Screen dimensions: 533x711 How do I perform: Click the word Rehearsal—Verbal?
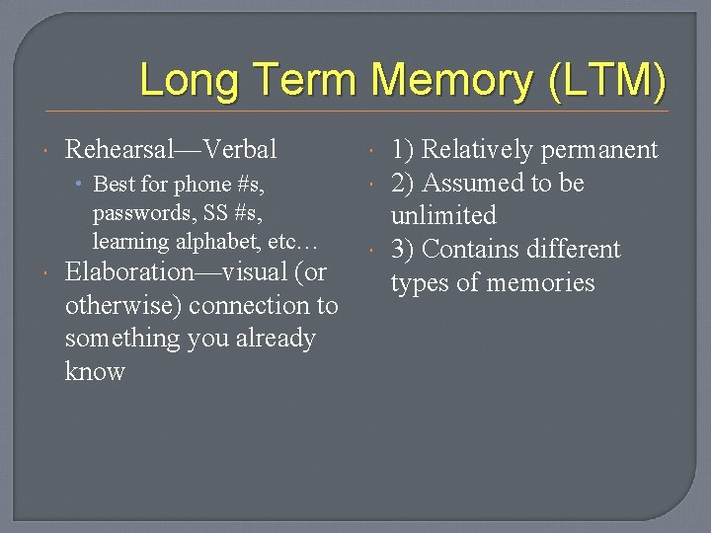coord(171,150)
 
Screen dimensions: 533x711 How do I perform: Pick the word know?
coord(95,372)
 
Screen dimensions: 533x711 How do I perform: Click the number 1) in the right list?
coord(403,150)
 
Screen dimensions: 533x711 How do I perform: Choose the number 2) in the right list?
coord(403,184)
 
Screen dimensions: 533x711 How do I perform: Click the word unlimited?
coord(443,216)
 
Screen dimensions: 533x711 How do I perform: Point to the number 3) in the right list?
coord(403,250)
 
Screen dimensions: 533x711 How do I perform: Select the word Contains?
coord(467,250)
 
